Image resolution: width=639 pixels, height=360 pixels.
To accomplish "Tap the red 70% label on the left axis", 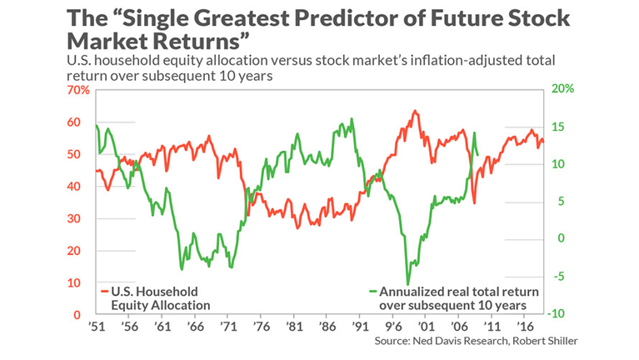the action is point(78,90).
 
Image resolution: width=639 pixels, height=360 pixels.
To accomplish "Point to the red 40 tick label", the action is point(74,187).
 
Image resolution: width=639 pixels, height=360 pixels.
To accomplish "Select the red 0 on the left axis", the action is point(77,315).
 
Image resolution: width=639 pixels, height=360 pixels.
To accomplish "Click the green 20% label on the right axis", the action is point(562,88).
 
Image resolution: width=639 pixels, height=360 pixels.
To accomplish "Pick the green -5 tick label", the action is point(559,277).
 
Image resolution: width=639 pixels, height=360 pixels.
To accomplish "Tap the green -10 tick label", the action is point(557,313).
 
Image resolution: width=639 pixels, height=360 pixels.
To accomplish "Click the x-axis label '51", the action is point(97,327).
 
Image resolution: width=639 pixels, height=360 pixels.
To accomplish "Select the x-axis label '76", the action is point(262,327).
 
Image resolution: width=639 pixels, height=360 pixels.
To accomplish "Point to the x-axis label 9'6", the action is point(392,327).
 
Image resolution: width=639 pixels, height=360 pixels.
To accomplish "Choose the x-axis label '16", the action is point(525,327).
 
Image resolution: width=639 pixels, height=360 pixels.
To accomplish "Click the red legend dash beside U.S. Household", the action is point(105,292).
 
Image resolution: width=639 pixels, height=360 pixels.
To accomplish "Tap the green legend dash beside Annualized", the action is point(373,292).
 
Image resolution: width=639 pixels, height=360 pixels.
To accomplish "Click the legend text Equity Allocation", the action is point(161,305).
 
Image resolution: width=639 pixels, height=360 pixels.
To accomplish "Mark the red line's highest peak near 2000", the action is point(415,111).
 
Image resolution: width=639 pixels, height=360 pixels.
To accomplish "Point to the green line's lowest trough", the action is point(407,284).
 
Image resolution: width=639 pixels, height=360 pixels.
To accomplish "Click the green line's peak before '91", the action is point(352,119).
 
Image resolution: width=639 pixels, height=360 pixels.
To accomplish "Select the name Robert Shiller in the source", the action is point(545,341).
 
